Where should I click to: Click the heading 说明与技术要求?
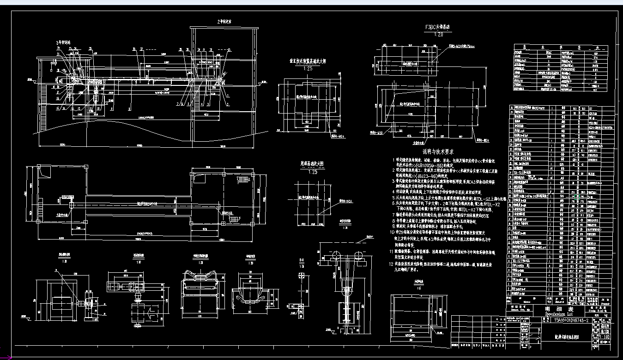click(438, 151)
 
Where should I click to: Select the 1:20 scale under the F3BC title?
click(439, 34)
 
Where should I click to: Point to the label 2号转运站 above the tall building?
click(224, 22)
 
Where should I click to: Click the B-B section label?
click(302, 265)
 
